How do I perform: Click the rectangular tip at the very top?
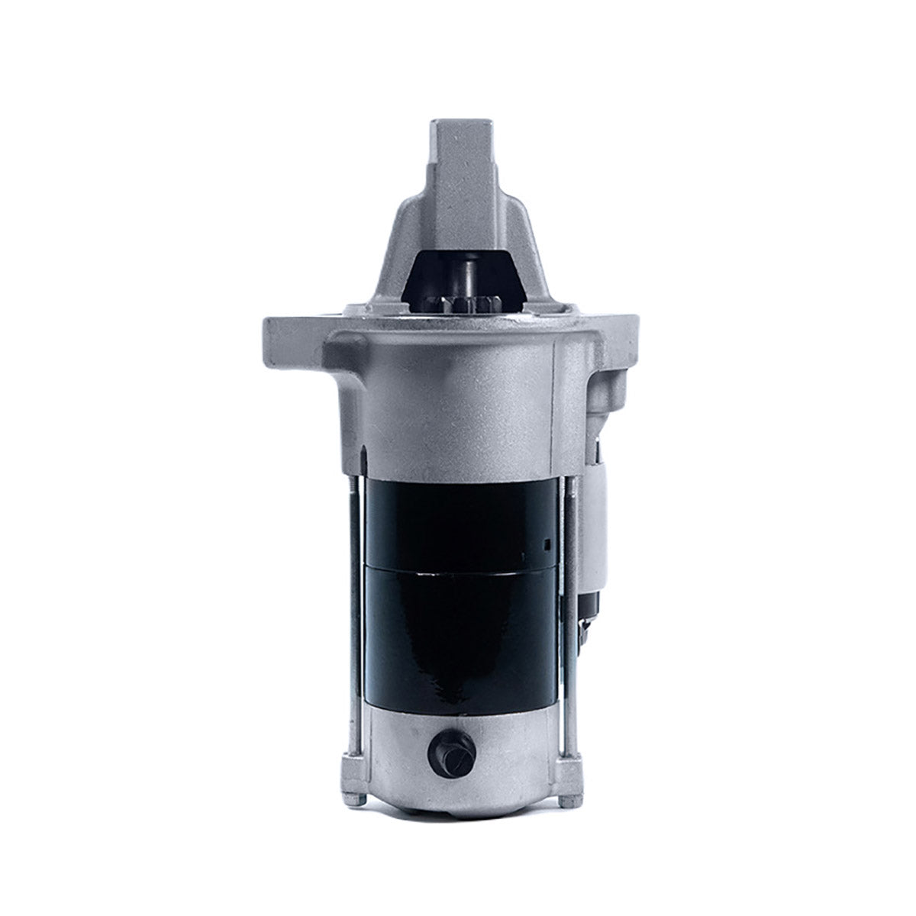point(458,145)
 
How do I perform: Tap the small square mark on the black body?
point(547,544)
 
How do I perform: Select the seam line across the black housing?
point(458,566)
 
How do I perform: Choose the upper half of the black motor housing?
point(458,519)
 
